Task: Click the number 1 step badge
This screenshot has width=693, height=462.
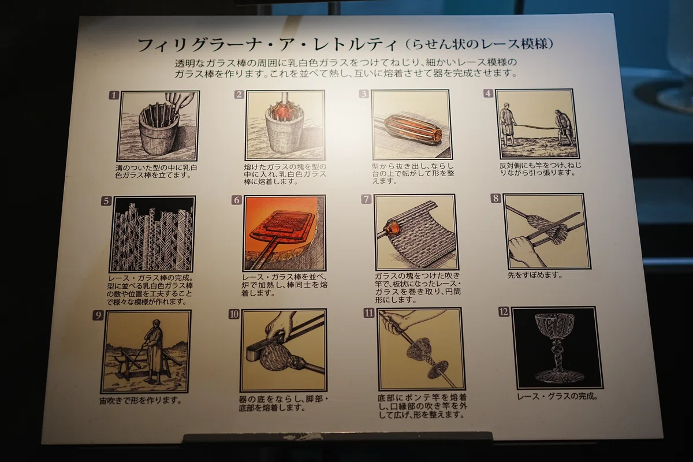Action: click(x=114, y=95)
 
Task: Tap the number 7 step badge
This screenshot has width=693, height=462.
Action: click(x=366, y=199)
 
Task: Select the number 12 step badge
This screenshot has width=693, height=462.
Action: click(x=504, y=312)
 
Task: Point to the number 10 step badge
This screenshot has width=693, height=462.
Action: click(x=234, y=314)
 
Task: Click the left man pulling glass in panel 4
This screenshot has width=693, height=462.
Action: click(x=508, y=124)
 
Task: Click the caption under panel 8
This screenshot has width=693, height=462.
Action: click(x=534, y=275)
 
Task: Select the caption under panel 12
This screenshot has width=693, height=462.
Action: click(x=557, y=396)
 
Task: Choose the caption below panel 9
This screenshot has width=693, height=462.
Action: click(x=141, y=400)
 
